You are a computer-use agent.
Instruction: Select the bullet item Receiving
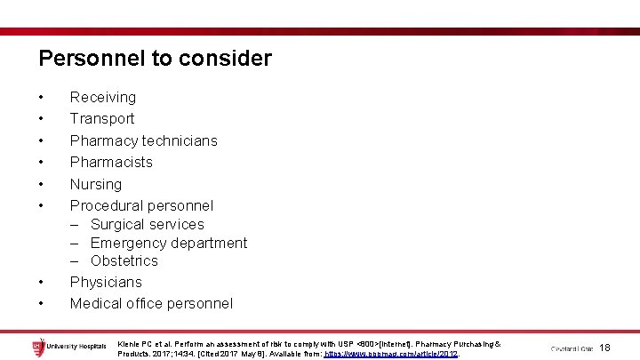[x=103, y=97]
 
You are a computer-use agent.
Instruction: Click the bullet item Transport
[x=102, y=118]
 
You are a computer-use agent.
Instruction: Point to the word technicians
[x=178, y=140]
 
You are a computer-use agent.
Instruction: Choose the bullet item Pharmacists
[x=111, y=162]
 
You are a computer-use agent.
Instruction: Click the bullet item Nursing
[x=96, y=184]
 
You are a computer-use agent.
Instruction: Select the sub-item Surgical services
[x=147, y=225]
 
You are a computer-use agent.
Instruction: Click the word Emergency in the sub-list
[x=128, y=243]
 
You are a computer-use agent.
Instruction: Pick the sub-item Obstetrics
[x=124, y=260]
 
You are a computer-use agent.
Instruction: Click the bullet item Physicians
[x=106, y=282]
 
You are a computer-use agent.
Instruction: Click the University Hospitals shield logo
[x=36, y=345]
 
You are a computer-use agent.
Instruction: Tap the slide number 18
[x=605, y=347]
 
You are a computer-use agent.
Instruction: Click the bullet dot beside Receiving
[x=41, y=97]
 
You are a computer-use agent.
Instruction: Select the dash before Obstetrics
[x=76, y=260]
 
